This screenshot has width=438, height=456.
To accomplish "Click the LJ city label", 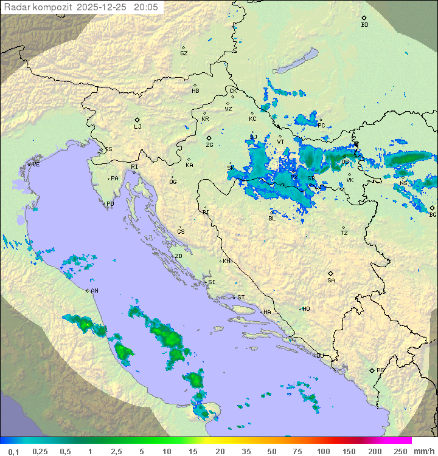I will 137,127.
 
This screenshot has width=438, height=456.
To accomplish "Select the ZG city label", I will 209,145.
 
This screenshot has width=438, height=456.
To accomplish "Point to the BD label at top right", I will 364,25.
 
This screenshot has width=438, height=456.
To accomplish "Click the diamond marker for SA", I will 331,273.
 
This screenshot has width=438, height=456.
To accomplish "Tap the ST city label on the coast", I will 241,298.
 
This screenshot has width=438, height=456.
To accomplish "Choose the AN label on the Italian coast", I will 95,291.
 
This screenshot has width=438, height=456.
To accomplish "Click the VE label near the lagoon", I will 36,165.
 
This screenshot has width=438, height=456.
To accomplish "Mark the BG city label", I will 433,214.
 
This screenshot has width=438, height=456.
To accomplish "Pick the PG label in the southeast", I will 380,370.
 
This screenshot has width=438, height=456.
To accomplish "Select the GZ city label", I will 184,53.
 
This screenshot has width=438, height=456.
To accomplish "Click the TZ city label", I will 344,233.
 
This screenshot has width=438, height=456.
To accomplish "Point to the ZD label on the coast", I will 179,256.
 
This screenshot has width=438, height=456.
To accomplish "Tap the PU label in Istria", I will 110,204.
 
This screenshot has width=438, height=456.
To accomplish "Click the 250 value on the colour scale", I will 400,451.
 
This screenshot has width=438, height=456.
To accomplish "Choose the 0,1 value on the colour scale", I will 13,451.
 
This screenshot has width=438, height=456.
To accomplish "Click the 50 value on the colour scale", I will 272,451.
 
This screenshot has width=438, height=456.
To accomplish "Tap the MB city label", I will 195,91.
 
